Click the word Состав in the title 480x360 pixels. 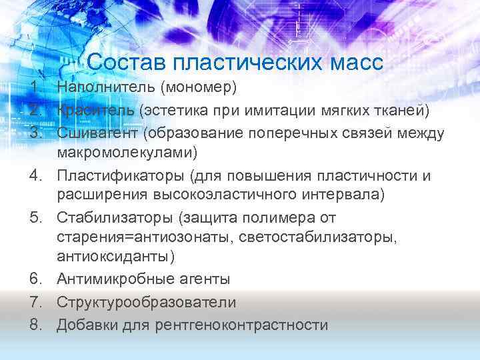pyautogui.click(x=126, y=64)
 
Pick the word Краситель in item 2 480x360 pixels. pyautogui.click(x=93, y=110)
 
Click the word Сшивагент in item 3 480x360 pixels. pyautogui.click(x=97, y=133)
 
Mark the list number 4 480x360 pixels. pyautogui.click(x=33, y=175)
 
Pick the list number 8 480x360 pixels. pyautogui.click(x=33, y=325)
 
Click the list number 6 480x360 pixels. pyautogui.click(x=33, y=279)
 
